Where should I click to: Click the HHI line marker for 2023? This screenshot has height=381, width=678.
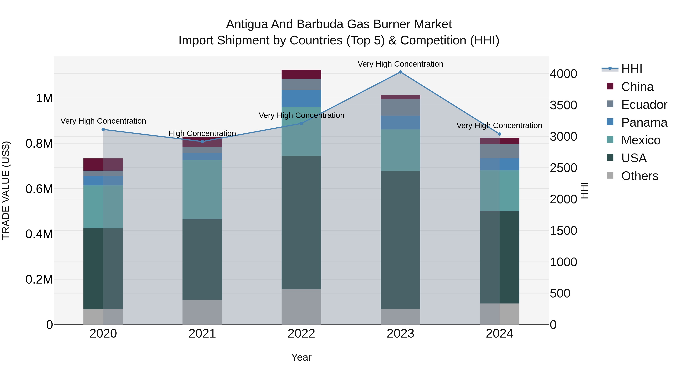coord(400,72)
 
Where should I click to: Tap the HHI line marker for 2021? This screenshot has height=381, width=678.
coord(202,141)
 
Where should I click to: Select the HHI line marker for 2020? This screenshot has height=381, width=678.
coord(103,129)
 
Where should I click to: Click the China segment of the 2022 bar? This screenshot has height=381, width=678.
coord(301,74)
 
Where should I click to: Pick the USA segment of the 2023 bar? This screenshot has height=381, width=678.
coord(400,240)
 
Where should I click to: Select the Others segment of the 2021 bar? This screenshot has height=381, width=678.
coord(202,312)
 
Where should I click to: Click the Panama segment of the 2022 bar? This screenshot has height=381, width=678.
coord(301,99)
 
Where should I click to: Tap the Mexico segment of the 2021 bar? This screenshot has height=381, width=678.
coord(202,190)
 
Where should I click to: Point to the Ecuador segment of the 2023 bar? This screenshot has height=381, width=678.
coord(400,107)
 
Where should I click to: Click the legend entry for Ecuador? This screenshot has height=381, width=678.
coord(644,105)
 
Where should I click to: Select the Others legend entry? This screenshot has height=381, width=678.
coord(639,176)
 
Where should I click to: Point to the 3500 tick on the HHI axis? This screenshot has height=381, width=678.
coord(563,105)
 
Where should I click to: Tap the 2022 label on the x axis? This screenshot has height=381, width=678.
coord(301,334)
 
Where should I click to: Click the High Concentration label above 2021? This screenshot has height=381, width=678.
coord(202,133)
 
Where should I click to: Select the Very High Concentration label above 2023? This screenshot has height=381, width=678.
coord(400,64)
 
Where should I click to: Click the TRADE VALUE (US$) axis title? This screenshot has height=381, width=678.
coord(6,190)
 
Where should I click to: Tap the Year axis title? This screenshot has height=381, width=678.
coord(301,357)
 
